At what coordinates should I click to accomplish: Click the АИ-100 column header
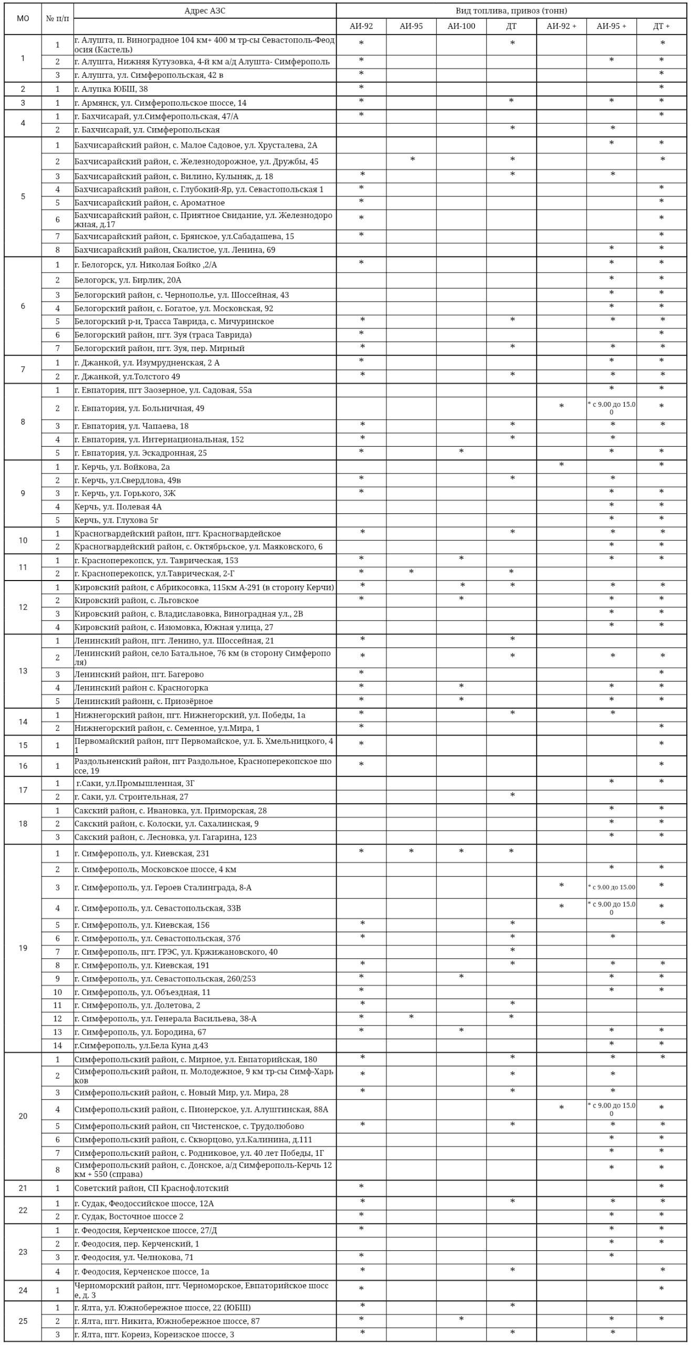pyautogui.click(x=461, y=26)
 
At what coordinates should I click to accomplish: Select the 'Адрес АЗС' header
pyautogui.click(x=205, y=11)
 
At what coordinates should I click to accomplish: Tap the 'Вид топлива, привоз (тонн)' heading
pyautogui.click(x=511, y=11)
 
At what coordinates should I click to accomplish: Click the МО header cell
pyautogui.click(x=23, y=18)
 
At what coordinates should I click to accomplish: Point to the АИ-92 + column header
pyautogui.click(x=561, y=26)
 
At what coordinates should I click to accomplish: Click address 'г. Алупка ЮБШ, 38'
pyautogui.click(x=111, y=89)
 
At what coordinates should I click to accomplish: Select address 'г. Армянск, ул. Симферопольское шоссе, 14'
pyautogui.click(x=161, y=103)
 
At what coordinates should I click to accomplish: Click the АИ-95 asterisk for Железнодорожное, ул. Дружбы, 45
pyautogui.click(x=412, y=159)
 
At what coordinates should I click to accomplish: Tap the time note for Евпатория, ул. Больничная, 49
pyautogui.click(x=611, y=408)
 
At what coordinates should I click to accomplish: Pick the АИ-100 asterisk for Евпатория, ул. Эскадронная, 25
pyautogui.click(x=461, y=452)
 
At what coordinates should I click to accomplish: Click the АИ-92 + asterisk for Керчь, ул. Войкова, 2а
pyautogui.click(x=561, y=465)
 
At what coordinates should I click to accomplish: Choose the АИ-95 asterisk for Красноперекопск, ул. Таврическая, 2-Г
pyautogui.click(x=411, y=572)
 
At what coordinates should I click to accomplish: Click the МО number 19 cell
pyautogui.click(x=23, y=948)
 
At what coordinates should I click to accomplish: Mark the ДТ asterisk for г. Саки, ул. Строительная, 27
pyautogui.click(x=512, y=796)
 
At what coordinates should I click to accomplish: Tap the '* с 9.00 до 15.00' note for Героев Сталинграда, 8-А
pyautogui.click(x=611, y=887)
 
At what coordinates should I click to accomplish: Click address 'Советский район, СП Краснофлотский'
pyautogui.click(x=152, y=1188)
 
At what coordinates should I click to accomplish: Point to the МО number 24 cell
pyautogui.click(x=23, y=1290)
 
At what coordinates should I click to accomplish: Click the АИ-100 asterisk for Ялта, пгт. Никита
pyautogui.click(x=461, y=1319)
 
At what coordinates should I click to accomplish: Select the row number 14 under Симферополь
pyautogui.click(x=57, y=1046)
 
